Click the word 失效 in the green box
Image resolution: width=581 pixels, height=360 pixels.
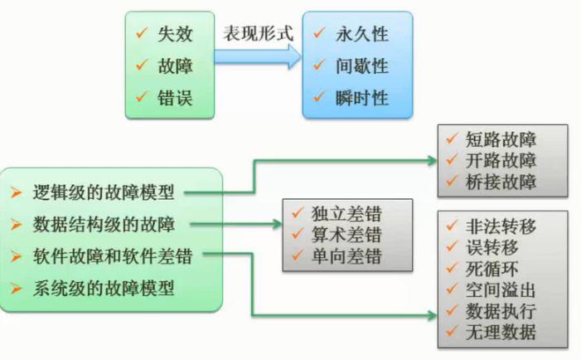tap(175, 36)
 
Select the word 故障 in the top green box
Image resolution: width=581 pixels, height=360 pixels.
tap(175, 66)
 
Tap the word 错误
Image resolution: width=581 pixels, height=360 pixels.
tap(175, 97)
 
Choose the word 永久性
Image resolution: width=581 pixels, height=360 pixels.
tap(362, 36)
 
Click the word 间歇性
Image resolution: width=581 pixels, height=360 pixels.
tap(362, 66)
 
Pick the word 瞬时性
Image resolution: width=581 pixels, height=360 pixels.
tap(362, 98)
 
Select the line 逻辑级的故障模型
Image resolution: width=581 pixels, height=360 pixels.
tap(104, 193)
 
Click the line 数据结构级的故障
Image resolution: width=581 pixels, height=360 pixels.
tap(104, 224)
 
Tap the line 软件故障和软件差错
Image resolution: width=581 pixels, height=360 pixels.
tap(112, 256)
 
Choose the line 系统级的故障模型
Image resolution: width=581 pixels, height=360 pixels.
tap(104, 289)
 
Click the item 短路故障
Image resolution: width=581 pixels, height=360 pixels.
tap(501, 140)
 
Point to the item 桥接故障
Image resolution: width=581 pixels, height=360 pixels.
tap(501, 181)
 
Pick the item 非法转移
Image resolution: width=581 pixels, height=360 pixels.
tap(501, 226)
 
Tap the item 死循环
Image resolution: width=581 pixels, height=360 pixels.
tap(491, 269)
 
